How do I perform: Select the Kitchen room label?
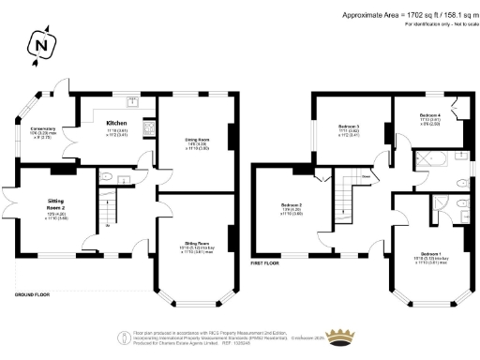116,123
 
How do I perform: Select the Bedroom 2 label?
292,205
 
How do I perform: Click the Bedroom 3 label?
349,126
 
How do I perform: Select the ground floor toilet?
110,175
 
